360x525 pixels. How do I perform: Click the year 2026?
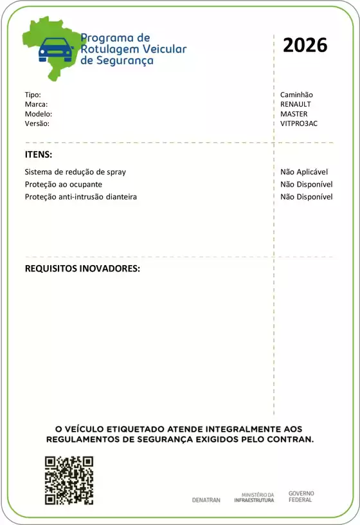(305, 45)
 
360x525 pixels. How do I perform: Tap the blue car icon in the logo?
(56, 49)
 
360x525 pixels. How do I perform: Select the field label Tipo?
(33, 95)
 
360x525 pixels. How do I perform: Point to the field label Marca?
(36, 104)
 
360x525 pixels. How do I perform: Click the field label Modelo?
(38, 114)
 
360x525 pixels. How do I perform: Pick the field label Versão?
(37, 124)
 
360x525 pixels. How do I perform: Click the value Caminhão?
(296, 95)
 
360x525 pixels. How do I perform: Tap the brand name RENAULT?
(296, 104)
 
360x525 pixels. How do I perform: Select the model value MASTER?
(294, 114)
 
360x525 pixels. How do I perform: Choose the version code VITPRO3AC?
(299, 124)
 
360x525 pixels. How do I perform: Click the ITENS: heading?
(39, 155)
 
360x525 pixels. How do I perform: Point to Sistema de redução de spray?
(75, 172)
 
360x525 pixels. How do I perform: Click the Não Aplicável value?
(304, 172)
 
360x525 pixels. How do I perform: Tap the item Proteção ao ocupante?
(63, 185)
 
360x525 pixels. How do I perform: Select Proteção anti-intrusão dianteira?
(80, 197)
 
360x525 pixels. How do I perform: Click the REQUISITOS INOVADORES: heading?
(82, 268)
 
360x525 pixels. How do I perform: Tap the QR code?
(69, 481)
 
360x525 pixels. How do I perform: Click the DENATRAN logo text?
(206, 500)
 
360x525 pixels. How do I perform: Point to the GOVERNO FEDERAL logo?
(301, 497)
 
